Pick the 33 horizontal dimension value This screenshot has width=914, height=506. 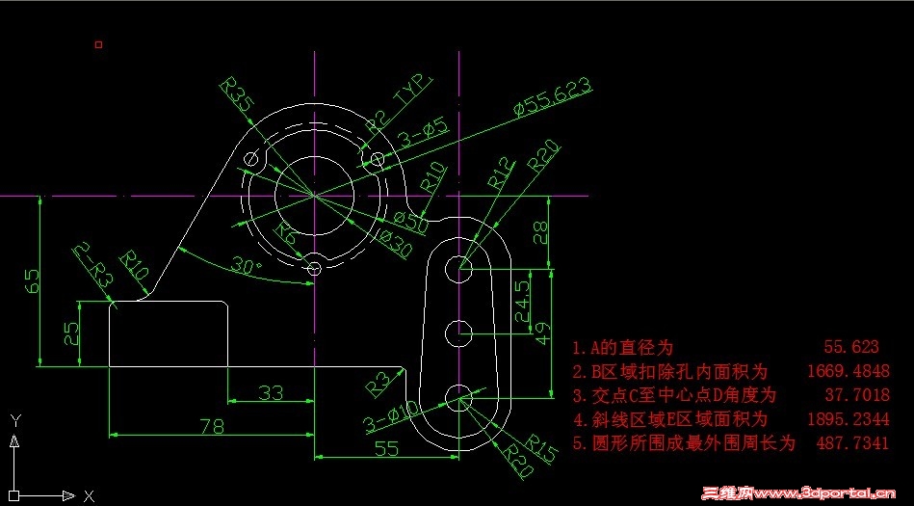click(x=271, y=392)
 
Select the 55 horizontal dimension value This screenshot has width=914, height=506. click(x=385, y=447)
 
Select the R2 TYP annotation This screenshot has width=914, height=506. click(x=401, y=103)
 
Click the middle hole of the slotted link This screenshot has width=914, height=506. click(x=459, y=333)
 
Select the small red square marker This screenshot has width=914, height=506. click(x=98, y=44)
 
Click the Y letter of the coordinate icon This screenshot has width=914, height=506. click(x=14, y=420)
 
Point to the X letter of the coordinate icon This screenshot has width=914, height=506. click(x=89, y=495)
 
